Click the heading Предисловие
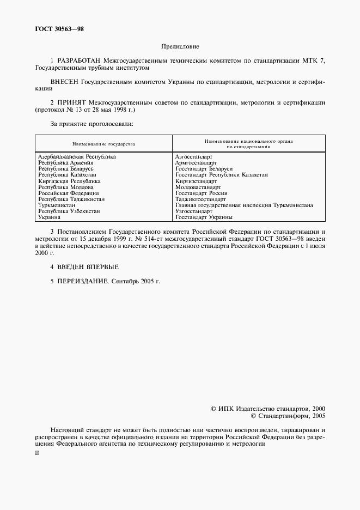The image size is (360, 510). point(180,47)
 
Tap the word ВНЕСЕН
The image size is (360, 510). point(64,81)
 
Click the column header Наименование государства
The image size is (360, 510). point(103,144)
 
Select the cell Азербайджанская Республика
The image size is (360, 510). point(77,157)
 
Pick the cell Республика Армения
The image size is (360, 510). point(65,163)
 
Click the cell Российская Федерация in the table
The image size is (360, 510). point(68,193)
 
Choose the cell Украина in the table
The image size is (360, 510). point(48,217)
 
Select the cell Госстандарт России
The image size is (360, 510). point(202,193)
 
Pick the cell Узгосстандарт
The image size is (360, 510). point(194,211)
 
